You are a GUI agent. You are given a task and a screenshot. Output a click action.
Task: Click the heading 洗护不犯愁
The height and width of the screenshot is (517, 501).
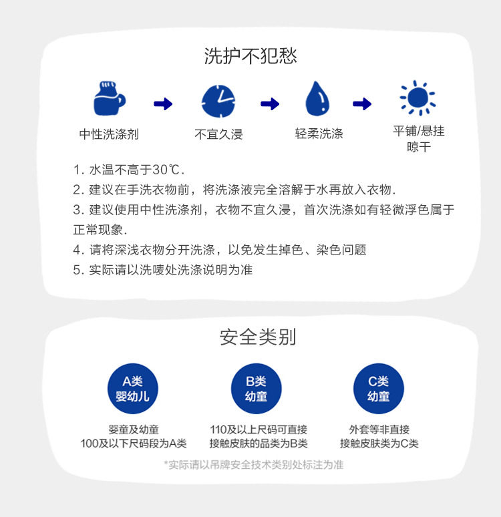pyautogui.click(x=251, y=56)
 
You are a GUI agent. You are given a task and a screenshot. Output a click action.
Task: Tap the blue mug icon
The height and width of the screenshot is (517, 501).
pyautogui.click(x=109, y=100)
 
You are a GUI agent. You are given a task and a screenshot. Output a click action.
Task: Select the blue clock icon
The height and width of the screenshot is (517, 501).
pyautogui.click(x=218, y=102)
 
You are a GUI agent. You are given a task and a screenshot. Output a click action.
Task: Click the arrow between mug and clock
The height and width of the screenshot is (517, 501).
pyautogui.click(x=163, y=104)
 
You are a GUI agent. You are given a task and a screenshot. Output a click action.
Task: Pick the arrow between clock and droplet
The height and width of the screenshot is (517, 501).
pyautogui.click(x=269, y=104)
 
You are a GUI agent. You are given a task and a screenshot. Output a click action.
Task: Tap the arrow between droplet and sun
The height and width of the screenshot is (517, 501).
pyautogui.click(x=362, y=104)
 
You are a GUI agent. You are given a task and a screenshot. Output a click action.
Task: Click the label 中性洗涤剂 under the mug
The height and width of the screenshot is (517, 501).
pyautogui.click(x=109, y=134)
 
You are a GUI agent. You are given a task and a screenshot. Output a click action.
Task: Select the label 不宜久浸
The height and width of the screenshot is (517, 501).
pyautogui.click(x=218, y=134)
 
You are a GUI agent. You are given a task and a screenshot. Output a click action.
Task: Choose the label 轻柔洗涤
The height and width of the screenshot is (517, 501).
pyautogui.click(x=319, y=134)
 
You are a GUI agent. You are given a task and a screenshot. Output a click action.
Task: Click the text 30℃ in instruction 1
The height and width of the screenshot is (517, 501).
pyautogui.click(x=166, y=169)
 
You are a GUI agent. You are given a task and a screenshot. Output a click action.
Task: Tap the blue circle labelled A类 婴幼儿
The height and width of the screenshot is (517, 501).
pyautogui.click(x=132, y=389)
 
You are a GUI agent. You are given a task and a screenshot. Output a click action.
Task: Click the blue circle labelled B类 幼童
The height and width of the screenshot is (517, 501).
pyautogui.click(x=256, y=389)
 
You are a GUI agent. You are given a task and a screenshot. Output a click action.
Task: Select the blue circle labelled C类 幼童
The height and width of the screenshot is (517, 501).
pyautogui.click(x=379, y=389)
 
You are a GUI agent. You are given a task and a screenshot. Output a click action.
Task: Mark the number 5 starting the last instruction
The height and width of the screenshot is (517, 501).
pyautogui.click(x=77, y=270)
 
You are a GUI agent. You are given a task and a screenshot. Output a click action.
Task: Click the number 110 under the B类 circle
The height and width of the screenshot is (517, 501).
pyautogui.click(x=218, y=429)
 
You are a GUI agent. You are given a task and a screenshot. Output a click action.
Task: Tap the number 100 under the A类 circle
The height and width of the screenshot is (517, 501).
pyautogui.click(x=90, y=444)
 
